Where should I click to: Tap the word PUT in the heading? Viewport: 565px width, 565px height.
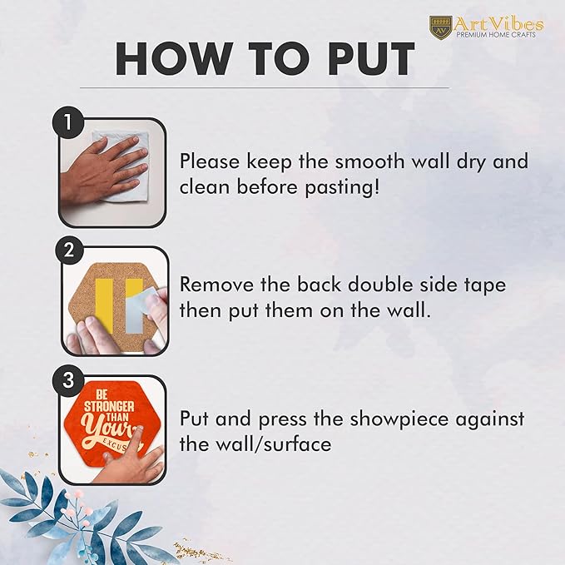[x=370, y=59]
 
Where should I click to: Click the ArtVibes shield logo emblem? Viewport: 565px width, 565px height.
[x=441, y=27]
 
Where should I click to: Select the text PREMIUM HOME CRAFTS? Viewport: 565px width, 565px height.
[x=496, y=35]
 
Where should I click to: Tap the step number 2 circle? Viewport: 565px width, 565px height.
[x=69, y=250]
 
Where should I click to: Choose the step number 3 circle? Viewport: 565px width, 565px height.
[x=67, y=379]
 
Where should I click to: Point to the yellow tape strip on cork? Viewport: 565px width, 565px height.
[x=104, y=302]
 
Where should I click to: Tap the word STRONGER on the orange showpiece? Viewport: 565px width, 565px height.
[x=109, y=407]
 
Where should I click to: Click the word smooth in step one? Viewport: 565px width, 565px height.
[x=370, y=161]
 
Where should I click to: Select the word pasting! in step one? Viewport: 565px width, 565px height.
[x=342, y=188]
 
